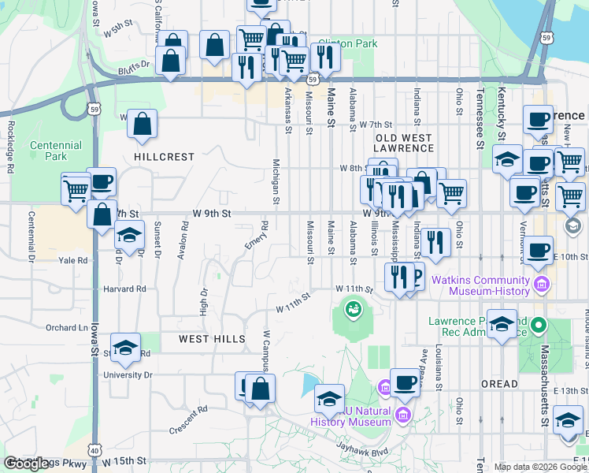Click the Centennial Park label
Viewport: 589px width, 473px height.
56,151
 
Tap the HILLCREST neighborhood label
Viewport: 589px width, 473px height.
164,157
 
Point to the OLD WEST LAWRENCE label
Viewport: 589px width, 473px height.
403,143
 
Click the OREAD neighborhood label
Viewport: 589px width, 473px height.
499,384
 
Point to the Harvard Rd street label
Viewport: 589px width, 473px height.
124,289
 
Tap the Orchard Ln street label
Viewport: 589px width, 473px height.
66,328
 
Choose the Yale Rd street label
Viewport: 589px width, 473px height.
71,260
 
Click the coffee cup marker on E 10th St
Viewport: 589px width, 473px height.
539,251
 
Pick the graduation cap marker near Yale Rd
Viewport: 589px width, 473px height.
130,235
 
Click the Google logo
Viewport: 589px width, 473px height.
27,464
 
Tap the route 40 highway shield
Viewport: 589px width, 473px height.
94,449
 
